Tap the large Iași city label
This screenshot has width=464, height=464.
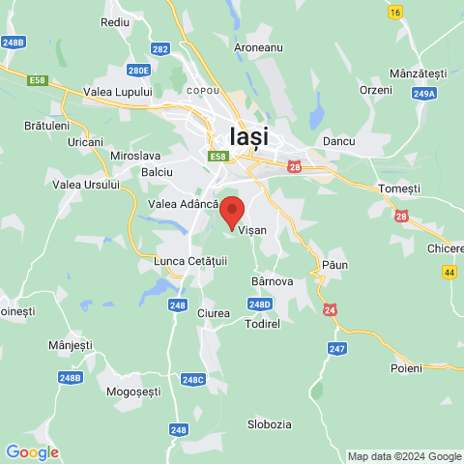[249, 136]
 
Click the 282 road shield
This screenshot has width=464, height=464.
[160, 48]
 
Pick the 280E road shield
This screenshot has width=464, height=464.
[139, 70]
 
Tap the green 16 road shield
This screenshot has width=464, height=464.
[394, 12]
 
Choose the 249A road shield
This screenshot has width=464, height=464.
[423, 94]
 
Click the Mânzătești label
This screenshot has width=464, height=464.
[418, 73]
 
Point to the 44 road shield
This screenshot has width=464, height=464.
[449, 274]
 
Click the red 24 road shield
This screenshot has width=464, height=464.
[331, 310]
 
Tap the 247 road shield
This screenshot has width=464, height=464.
[336, 348]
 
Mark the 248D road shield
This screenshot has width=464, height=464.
[259, 304]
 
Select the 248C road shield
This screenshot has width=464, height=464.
[193, 380]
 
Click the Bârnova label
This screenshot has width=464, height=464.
[272, 281]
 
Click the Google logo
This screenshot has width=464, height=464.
[32, 451]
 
